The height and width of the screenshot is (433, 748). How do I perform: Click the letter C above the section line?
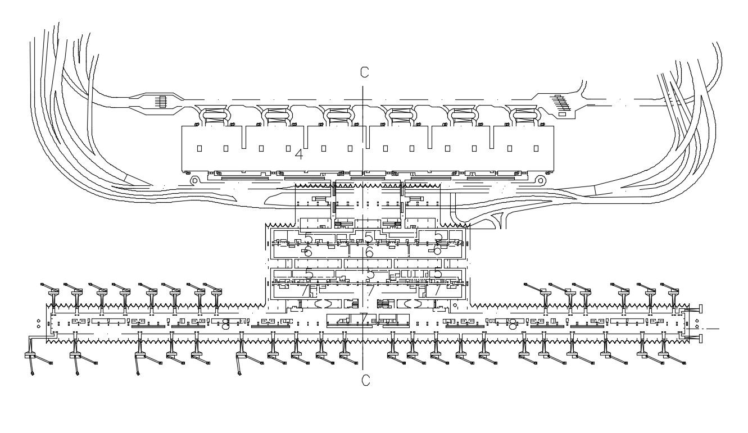pos(365,72)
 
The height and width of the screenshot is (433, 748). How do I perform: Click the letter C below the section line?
pos(366,381)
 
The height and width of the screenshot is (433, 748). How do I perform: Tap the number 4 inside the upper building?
pos(299,154)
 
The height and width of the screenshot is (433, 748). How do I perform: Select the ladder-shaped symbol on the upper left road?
pos(161,102)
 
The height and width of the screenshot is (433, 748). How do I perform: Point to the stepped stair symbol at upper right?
pos(562,102)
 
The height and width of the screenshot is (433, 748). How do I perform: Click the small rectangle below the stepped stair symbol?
pos(563,115)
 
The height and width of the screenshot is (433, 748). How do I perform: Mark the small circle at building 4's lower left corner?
pos(194,180)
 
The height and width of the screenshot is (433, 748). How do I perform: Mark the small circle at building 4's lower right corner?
pos(541,180)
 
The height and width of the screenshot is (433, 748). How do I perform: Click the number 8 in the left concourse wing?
pos(225,324)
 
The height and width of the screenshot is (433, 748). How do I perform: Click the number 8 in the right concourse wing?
pos(513,324)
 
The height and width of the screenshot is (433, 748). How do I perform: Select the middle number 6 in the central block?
pos(369,252)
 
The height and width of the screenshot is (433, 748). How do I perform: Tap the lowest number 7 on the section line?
pos(364,318)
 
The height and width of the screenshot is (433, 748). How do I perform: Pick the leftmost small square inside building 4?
pos(199,149)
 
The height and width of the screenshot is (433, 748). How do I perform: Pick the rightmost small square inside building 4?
pos(535,149)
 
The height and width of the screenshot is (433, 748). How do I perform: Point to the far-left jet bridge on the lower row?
pos(30,357)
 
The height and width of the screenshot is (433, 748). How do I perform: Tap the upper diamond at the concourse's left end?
pos(38,321)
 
